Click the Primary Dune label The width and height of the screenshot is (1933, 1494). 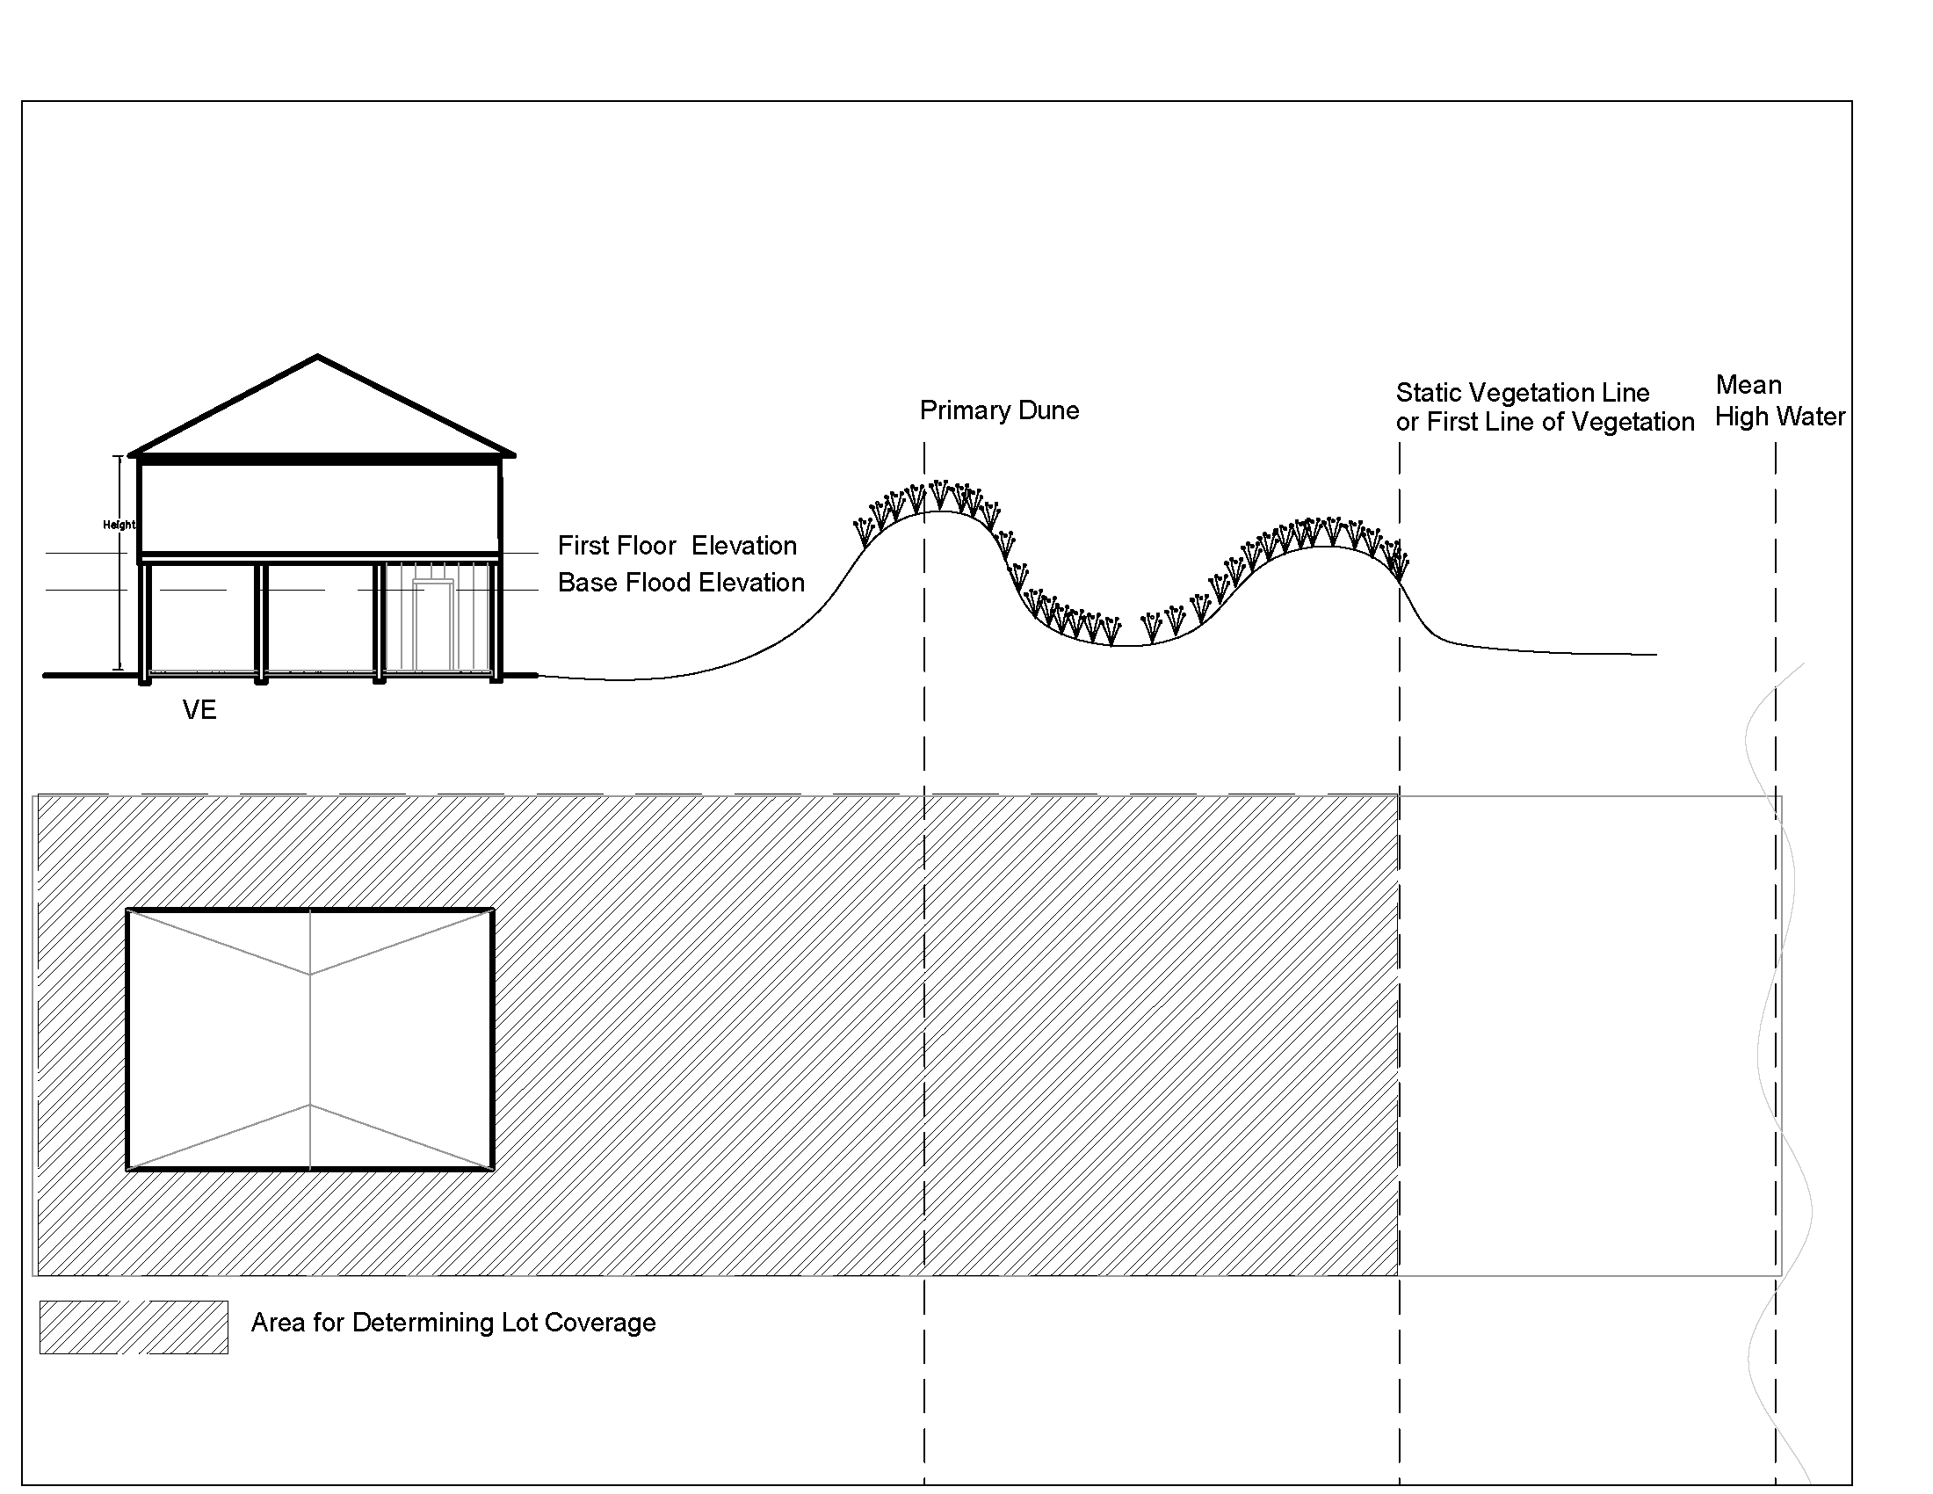pyautogui.click(x=998, y=410)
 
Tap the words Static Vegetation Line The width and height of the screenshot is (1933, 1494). pyautogui.click(x=1523, y=393)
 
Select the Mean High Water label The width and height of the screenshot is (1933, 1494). pyautogui.click(x=1779, y=401)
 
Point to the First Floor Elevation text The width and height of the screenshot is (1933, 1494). pyautogui.click(x=677, y=546)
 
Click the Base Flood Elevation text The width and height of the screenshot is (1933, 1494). pyautogui.click(x=681, y=584)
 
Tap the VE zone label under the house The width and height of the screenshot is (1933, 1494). pyautogui.click(x=199, y=710)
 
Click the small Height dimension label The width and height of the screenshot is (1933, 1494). pyautogui.click(x=119, y=525)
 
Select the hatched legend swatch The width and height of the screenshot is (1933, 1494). pyautogui.click(x=134, y=1327)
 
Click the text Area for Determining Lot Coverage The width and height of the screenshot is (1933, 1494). pyautogui.click(x=453, y=1323)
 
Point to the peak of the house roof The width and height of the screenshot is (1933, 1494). pyautogui.click(x=318, y=358)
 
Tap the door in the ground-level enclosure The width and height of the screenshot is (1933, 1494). pyautogui.click(x=433, y=624)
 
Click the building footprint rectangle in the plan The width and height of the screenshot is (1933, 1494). pyautogui.click(x=310, y=1039)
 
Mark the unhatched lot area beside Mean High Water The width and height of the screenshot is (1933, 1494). pyautogui.click(x=1584, y=1035)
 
